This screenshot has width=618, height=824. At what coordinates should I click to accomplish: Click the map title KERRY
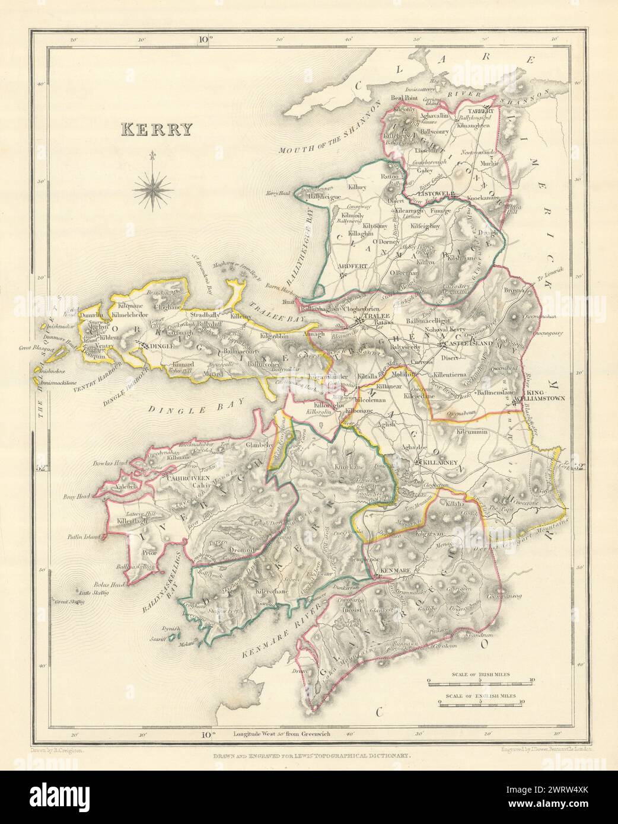tap(157, 129)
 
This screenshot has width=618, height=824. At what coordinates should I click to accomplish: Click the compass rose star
tap(152, 189)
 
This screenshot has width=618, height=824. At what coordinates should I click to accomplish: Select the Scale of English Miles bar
tap(480, 705)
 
